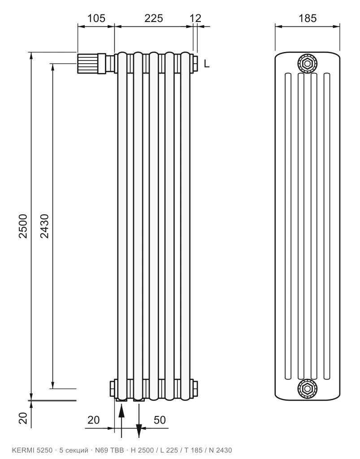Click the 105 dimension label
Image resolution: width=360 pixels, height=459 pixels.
tap(96, 18)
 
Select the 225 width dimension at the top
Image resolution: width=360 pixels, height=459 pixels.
tap(154, 18)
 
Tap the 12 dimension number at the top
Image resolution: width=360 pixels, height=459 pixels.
tap(195, 18)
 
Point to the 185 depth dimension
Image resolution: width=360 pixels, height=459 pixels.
tap(307, 18)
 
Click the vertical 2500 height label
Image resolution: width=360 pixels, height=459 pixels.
tap(23, 226)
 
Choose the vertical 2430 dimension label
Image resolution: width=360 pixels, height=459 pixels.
tap(44, 226)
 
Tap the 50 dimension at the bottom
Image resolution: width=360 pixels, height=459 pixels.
tap(160, 420)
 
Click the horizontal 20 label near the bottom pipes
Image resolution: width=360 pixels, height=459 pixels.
tap(93, 420)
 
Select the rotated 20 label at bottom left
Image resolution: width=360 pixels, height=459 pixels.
tap(23, 418)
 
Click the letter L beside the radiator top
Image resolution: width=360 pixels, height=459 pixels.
tap(207, 64)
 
